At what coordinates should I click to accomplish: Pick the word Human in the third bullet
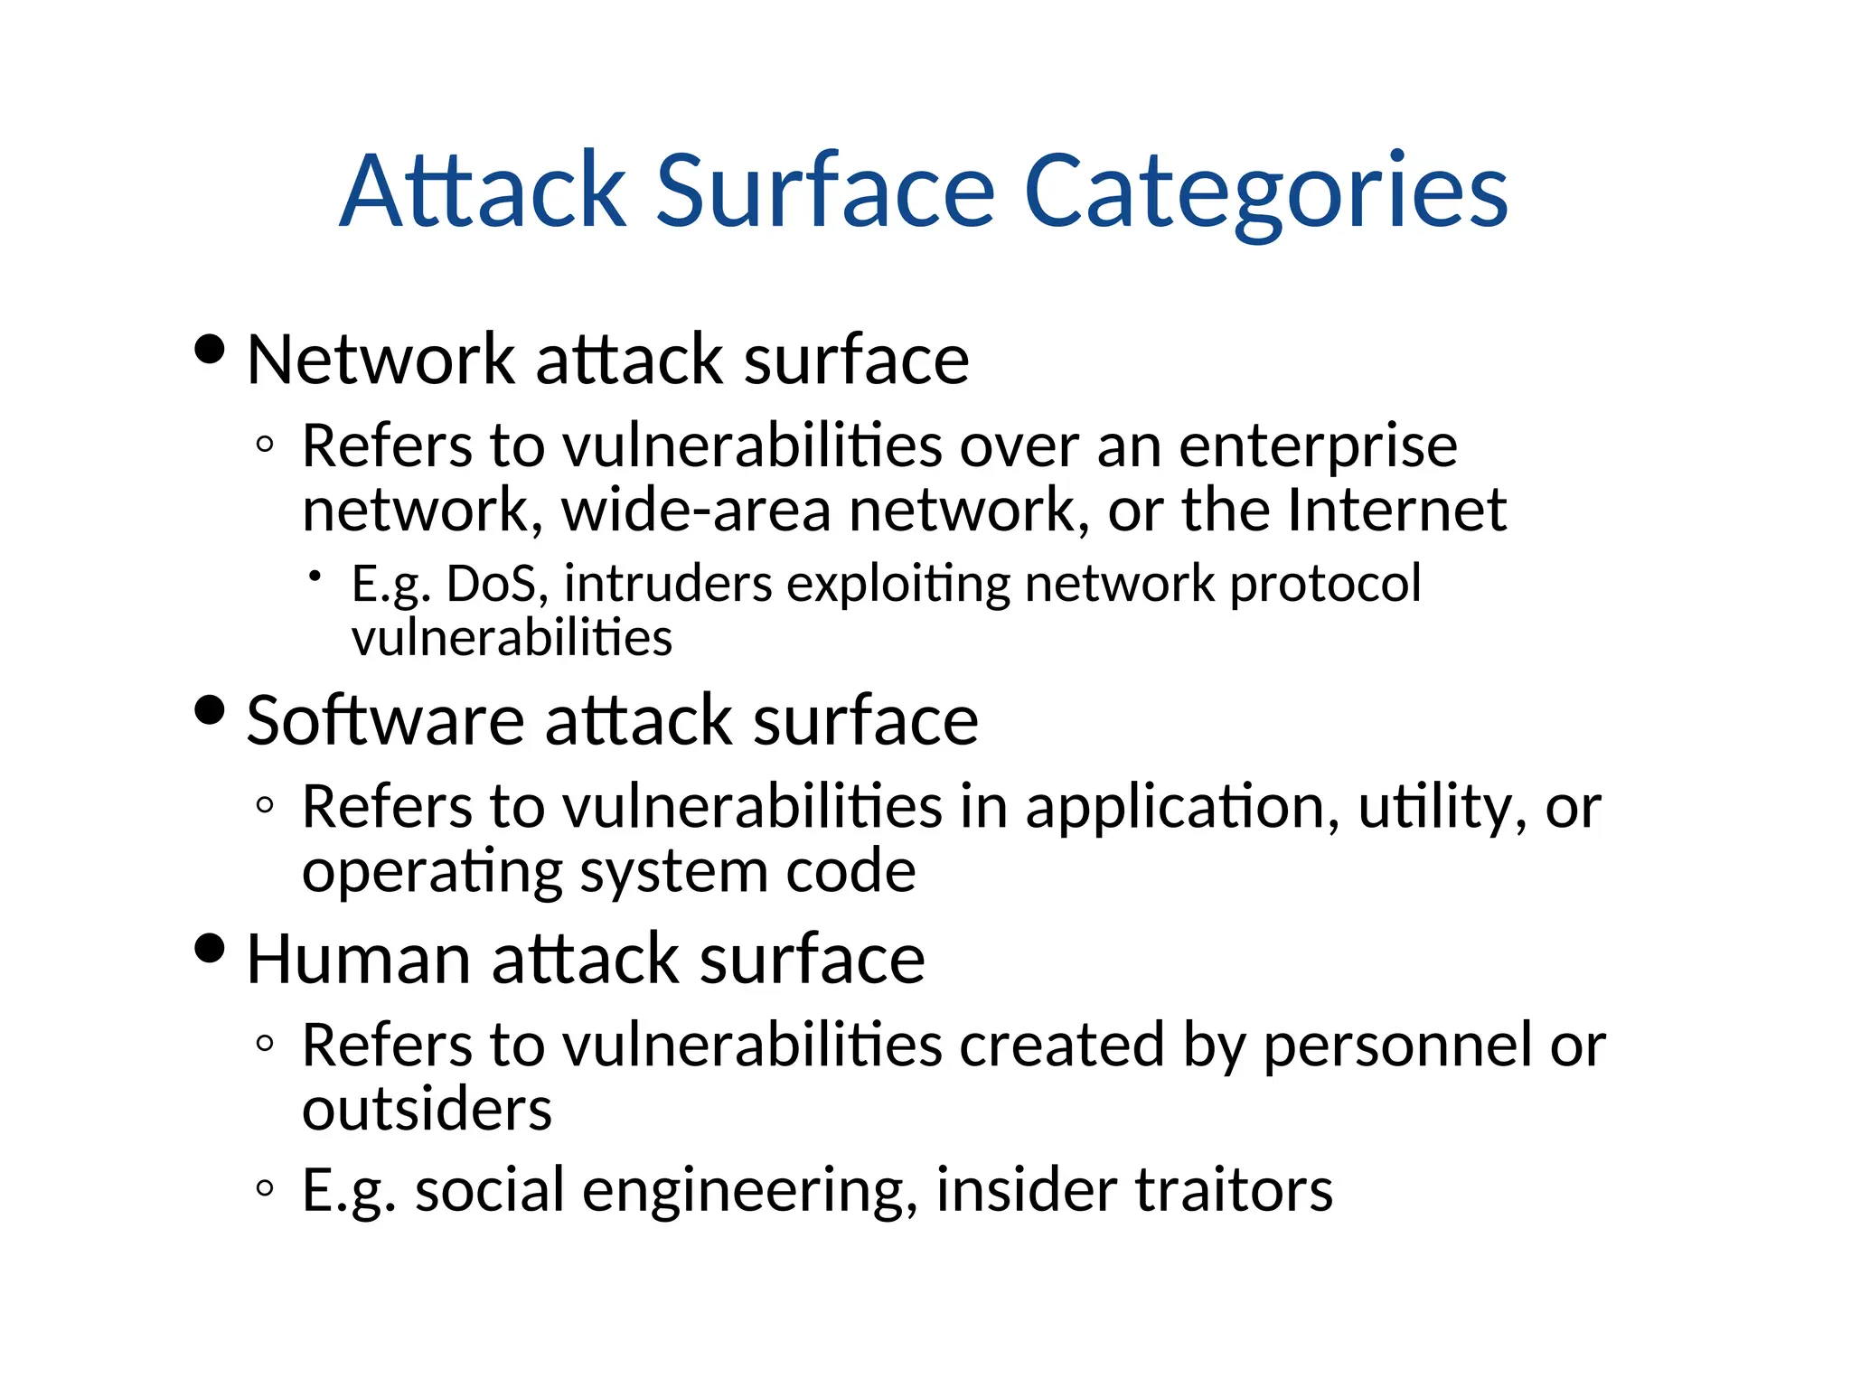pos(358,959)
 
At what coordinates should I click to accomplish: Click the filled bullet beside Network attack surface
pos(210,350)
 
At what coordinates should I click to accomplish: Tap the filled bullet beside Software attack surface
pos(210,710)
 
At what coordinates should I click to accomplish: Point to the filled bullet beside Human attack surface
pos(210,949)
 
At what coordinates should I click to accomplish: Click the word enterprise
pos(1318,447)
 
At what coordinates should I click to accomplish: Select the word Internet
pos(1397,510)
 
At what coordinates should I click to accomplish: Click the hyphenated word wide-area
pos(696,510)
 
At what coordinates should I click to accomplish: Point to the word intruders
pos(668,584)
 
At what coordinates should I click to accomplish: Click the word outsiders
pos(427,1110)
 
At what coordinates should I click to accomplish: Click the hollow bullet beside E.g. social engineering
pos(265,1188)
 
